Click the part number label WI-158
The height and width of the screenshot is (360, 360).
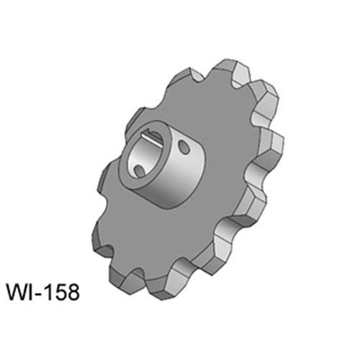pos(43,292)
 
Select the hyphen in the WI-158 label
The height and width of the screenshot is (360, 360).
pos(37,294)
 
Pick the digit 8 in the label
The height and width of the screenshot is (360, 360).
pos(73,292)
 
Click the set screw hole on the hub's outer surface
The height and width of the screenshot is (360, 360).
pos(184,147)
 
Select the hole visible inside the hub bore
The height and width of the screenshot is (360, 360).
pos(139,170)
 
